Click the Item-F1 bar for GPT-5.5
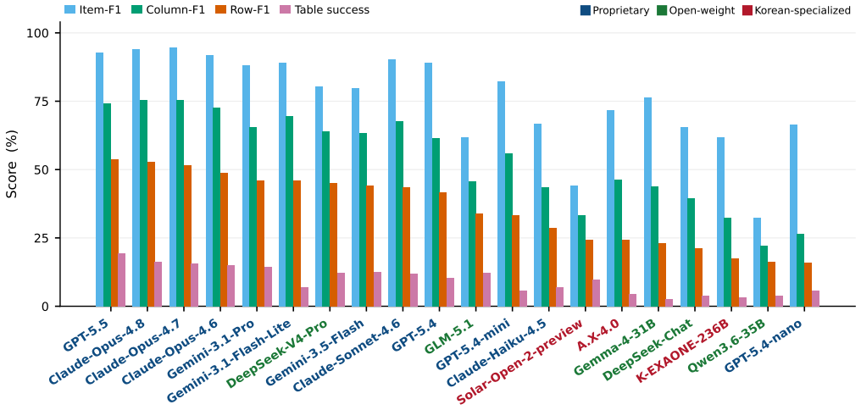[x=99, y=180]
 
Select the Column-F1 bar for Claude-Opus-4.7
[x=181, y=203]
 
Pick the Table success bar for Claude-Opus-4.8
[x=158, y=284]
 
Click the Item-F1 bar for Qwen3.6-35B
[x=758, y=262]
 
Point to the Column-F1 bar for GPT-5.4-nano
[x=801, y=270]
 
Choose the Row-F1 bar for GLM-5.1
[x=480, y=259]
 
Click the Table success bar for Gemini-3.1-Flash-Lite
[x=304, y=296]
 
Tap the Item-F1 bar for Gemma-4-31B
[x=647, y=202]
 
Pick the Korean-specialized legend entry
[x=796, y=10]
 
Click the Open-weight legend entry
[x=695, y=10]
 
